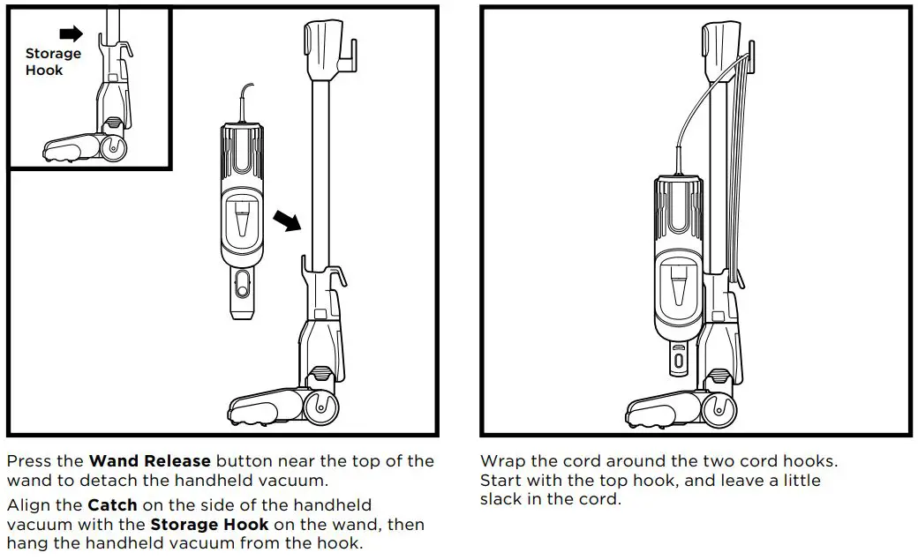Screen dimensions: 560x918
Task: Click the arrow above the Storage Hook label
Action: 70,34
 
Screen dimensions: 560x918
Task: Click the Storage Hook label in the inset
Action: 52,62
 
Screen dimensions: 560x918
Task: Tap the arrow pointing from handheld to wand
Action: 285,219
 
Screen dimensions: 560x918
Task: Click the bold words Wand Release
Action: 149,461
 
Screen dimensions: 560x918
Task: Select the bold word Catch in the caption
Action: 112,506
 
